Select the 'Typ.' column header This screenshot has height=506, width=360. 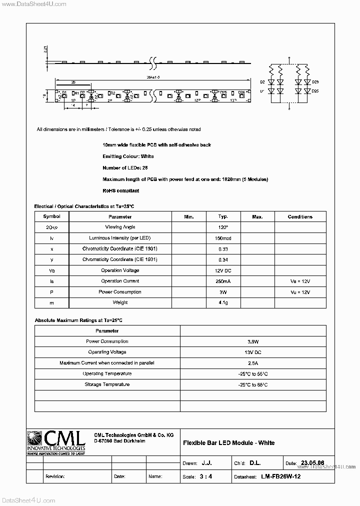click(x=223, y=216)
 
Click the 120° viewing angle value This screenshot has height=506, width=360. click(x=223, y=227)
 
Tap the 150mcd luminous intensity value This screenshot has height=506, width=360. click(x=223, y=238)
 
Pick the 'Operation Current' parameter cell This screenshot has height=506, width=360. click(x=120, y=281)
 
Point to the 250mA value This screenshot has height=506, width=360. click(x=223, y=281)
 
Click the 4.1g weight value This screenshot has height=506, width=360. click(x=223, y=302)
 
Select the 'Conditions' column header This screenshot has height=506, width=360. click(x=300, y=216)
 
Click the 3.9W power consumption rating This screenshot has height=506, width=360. click(x=253, y=341)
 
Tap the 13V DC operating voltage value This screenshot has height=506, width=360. click(x=253, y=352)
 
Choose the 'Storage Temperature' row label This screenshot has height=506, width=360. click(x=107, y=384)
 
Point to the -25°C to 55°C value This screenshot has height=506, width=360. click(x=253, y=373)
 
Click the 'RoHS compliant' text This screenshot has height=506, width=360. click(x=120, y=190)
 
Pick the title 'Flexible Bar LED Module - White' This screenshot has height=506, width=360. click(x=228, y=442)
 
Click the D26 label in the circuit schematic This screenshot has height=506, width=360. click(x=315, y=81)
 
